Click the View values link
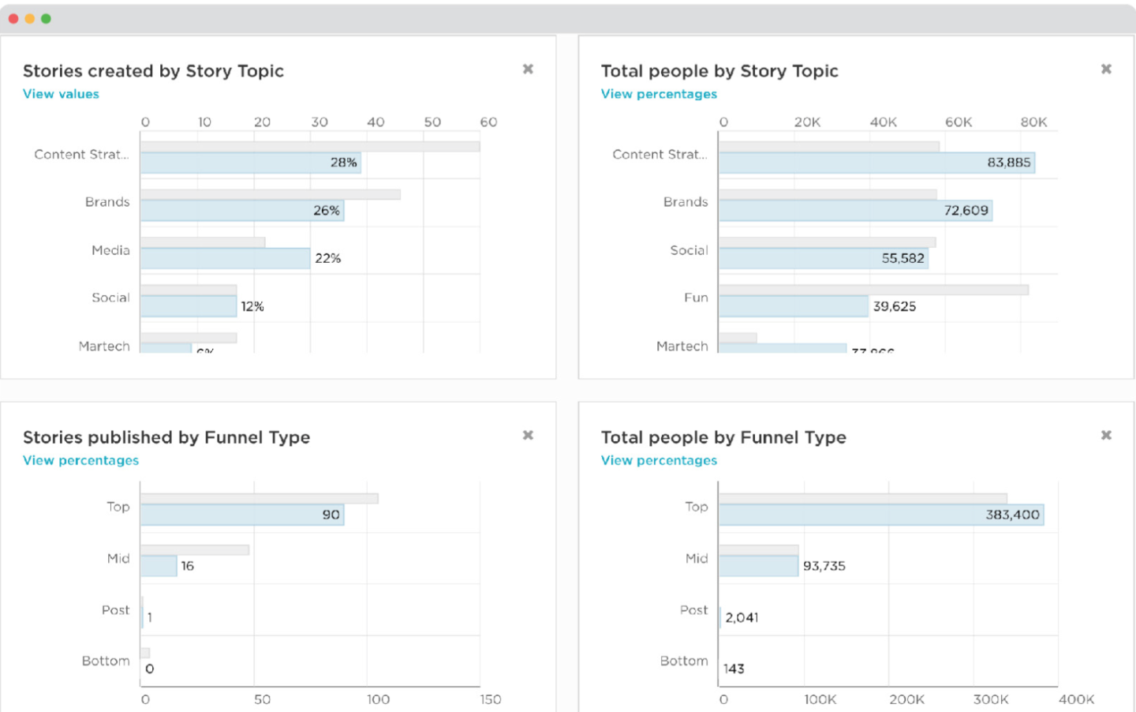(61, 94)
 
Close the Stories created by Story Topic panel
(528, 69)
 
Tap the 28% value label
(343, 163)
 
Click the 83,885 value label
(1008, 163)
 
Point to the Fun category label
(696, 298)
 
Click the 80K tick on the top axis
(1033, 122)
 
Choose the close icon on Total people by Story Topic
(1106, 69)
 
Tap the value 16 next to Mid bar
(187, 566)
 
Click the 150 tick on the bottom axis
(490, 699)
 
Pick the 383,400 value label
(1012, 515)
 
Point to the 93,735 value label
(824, 566)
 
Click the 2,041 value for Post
(742, 617)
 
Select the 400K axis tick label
(1076, 699)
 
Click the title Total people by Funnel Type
(723, 437)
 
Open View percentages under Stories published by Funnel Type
(80, 460)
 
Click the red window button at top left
(13, 18)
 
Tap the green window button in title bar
(46, 18)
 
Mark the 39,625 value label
(894, 306)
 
